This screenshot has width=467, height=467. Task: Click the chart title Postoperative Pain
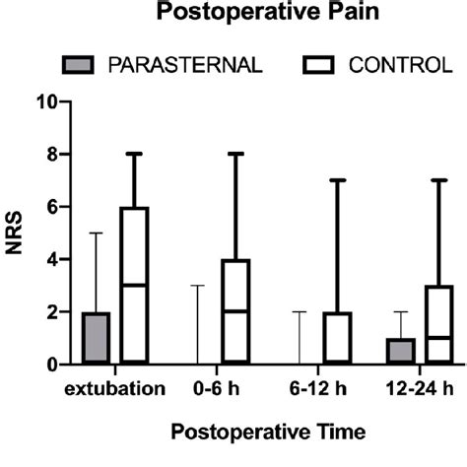233,15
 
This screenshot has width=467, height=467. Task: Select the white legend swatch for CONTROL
312,65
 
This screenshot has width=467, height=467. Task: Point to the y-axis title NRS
16,233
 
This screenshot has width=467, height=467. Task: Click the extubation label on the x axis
116,389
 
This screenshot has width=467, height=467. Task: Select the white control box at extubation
134,285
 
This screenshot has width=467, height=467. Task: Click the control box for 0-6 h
235,311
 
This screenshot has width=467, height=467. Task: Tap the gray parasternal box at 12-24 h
401,351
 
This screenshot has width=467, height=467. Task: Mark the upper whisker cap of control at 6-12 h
337,180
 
